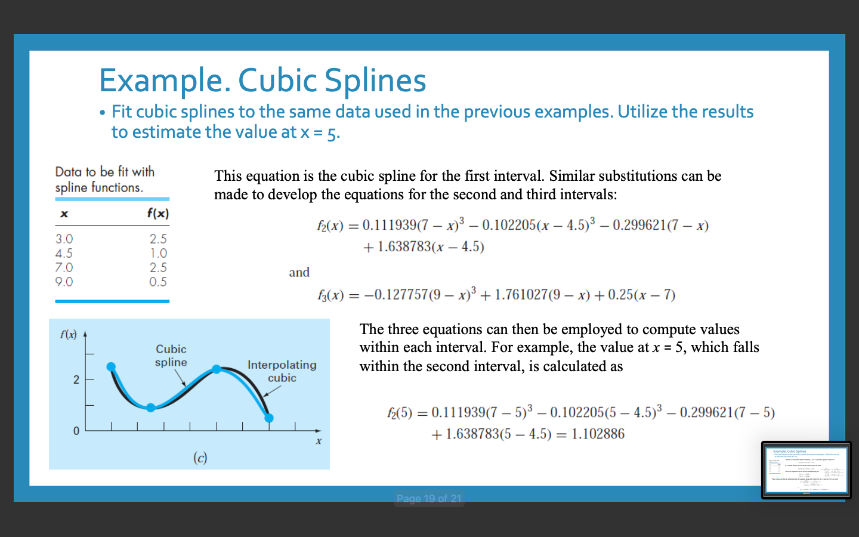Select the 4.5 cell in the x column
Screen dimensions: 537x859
pyautogui.click(x=64, y=253)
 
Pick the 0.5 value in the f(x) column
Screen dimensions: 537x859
pyautogui.click(x=158, y=282)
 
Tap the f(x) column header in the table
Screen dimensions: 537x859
pyautogui.click(x=158, y=213)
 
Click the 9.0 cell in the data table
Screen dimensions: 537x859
pyautogui.click(x=64, y=282)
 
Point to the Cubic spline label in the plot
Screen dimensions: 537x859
pyautogui.click(x=171, y=356)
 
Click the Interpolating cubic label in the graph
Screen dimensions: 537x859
pyautogui.click(x=282, y=371)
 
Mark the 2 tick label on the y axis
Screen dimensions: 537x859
pyautogui.click(x=76, y=379)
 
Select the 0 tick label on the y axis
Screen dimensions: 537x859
pyautogui.click(x=76, y=431)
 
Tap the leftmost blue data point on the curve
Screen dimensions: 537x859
pyautogui.click(x=111, y=367)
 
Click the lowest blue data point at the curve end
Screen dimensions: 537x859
pyautogui.click(x=269, y=418)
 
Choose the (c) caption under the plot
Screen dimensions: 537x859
pyautogui.click(x=200, y=458)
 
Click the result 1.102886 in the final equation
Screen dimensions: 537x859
pyautogui.click(x=598, y=434)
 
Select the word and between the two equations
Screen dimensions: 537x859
pyautogui.click(x=299, y=273)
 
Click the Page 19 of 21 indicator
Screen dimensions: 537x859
pyautogui.click(x=429, y=498)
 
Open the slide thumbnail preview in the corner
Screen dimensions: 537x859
pyautogui.click(x=806, y=470)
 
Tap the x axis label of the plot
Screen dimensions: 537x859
pyautogui.click(x=319, y=442)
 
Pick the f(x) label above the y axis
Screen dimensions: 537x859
pyautogui.click(x=69, y=334)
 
